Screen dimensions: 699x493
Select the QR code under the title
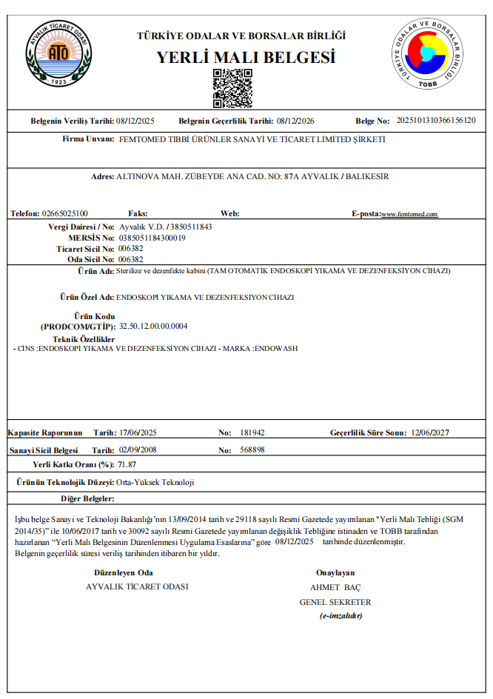click(x=232, y=88)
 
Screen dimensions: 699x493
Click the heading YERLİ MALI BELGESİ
click(x=246, y=58)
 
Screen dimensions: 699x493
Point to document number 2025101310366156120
click(x=437, y=120)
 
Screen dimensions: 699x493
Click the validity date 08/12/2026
click(x=295, y=120)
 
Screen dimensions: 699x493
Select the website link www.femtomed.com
click(x=410, y=214)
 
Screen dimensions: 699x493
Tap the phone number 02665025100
click(x=65, y=213)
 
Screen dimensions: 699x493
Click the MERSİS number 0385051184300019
click(x=152, y=238)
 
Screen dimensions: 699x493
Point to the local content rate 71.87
click(x=127, y=464)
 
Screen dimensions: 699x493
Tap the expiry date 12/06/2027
click(x=429, y=432)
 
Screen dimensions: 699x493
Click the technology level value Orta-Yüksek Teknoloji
click(x=155, y=482)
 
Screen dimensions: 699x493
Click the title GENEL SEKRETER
click(x=335, y=602)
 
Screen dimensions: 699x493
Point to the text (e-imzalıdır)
click(x=341, y=616)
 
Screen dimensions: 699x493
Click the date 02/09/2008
click(x=138, y=449)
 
